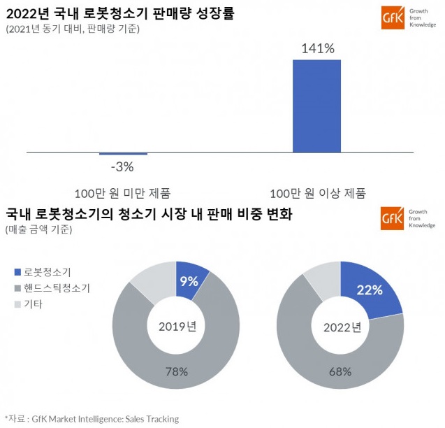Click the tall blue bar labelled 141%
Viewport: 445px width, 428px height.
click(316, 106)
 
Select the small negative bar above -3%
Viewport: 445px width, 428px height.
click(123, 154)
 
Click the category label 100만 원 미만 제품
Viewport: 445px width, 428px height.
click(122, 193)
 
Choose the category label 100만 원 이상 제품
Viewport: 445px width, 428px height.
click(318, 193)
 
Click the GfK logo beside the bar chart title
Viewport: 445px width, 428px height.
click(389, 17)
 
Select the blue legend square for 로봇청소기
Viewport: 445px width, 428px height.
click(17, 272)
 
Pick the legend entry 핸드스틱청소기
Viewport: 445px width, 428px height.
click(57, 288)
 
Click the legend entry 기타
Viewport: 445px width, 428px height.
click(34, 304)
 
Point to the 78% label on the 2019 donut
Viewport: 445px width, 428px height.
click(176, 371)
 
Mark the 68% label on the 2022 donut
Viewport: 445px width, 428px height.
click(340, 371)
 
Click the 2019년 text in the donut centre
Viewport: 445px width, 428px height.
click(176, 326)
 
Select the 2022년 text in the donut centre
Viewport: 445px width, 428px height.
click(340, 326)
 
